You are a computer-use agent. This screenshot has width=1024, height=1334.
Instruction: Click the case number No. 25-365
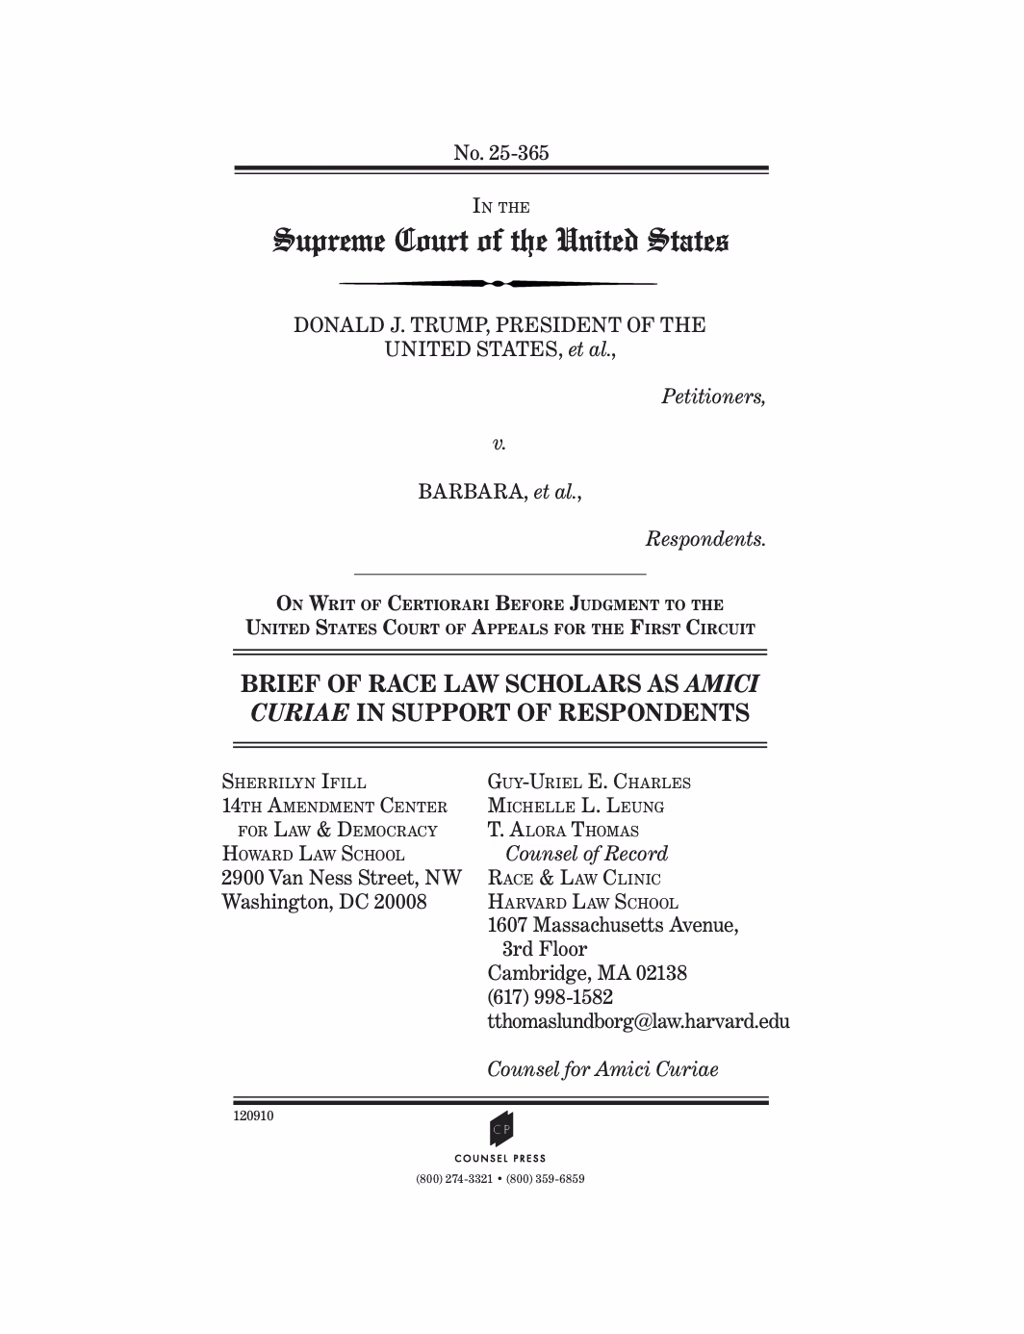(x=500, y=152)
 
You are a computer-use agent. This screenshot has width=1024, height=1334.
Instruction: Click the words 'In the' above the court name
(x=500, y=206)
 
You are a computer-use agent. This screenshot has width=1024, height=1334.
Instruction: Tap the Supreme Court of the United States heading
(x=500, y=241)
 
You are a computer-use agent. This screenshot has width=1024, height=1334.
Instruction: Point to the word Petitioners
(x=713, y=397)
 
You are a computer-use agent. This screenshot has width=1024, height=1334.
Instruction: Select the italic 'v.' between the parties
(x=499, y=444)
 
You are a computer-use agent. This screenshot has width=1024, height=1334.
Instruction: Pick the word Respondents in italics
(x=705, y=539)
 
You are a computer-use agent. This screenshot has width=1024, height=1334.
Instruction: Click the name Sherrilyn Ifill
(x=294, y=782)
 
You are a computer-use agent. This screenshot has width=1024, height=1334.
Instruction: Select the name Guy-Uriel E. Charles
(x=589, y=782)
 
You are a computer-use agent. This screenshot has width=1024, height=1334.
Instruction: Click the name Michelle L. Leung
(x=576, y=806)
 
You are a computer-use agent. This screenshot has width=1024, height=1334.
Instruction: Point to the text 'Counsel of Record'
(x=586, y=854)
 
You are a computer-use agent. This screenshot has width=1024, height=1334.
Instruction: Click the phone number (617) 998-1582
(x=550, y=997)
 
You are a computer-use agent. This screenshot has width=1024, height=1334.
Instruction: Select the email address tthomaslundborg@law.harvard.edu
(x=638, y=1021)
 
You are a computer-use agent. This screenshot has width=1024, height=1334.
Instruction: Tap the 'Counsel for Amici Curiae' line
(x=602, y=1069)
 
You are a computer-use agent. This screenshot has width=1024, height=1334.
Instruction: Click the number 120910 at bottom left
(x=253, y=1116)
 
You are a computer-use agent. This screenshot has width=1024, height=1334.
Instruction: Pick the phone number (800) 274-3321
(x=454, y=1179)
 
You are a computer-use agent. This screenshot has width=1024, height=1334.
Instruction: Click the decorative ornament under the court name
(x=499, y=284)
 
